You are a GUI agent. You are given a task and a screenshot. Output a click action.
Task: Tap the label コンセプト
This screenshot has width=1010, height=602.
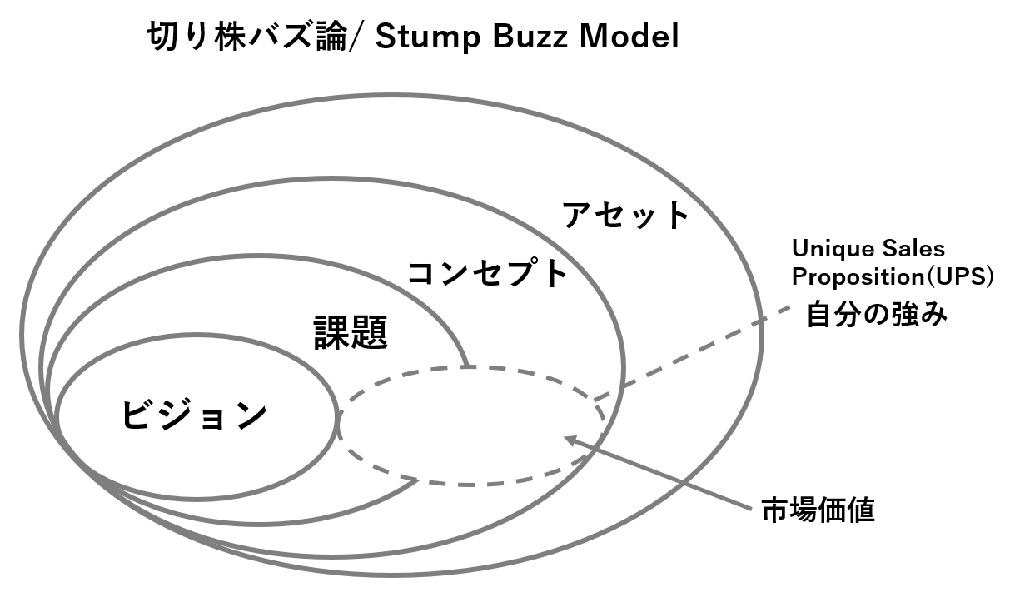pyautogui.click(x=488, y=272)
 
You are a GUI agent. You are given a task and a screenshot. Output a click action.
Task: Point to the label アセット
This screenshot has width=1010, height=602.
pyautogui.click(x=626, y=216)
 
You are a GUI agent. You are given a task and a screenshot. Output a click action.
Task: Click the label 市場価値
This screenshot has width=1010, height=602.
pyautogui.click(x=818, y=510)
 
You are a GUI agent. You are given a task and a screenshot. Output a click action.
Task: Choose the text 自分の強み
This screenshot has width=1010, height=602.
pyautogui.click(x=878, y=316)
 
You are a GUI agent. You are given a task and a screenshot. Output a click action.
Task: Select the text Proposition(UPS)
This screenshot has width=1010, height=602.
pyautogui.click(x=893, y=276)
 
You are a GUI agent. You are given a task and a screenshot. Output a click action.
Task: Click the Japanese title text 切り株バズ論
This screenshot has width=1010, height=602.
pyautogui.click(x=248, y=37)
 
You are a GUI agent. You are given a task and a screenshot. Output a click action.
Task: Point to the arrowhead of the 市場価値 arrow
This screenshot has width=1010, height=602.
pyautogui.click(x=570, y=438)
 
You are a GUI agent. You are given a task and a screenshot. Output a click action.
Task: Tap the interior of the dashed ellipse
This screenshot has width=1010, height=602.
pyautogui.click(x=470, y=425)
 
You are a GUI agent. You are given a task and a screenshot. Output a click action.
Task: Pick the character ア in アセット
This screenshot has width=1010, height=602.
pyautogui.click(x=577, y=216)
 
